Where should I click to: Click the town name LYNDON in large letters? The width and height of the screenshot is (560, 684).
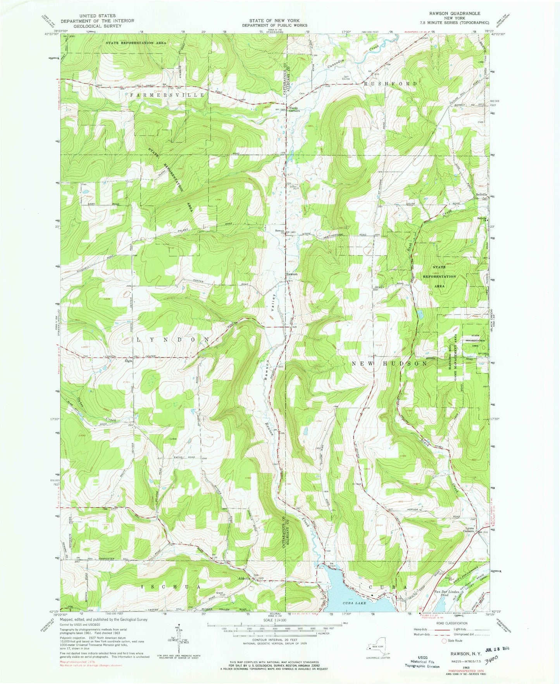pos(173,340)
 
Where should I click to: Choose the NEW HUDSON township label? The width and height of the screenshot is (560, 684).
pos(390,364)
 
